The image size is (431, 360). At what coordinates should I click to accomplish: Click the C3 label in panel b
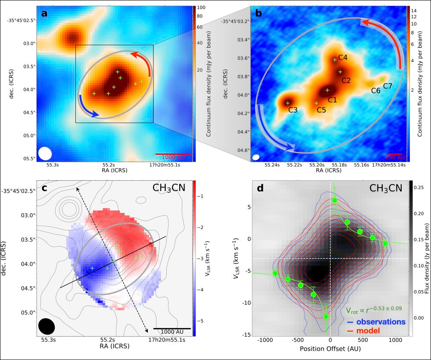pos(293,110)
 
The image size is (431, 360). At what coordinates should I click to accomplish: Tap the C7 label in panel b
pos(388,86)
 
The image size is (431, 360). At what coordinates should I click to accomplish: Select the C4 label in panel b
pos(343,57)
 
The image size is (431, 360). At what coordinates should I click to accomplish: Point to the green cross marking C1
pos(327,90)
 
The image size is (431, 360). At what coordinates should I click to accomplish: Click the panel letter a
pos(44,13)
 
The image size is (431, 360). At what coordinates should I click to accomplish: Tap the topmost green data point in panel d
pos(335,200)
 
